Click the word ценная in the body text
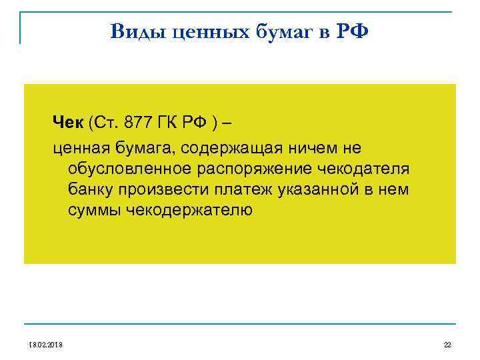point(79,146)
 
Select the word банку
point(90,190)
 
